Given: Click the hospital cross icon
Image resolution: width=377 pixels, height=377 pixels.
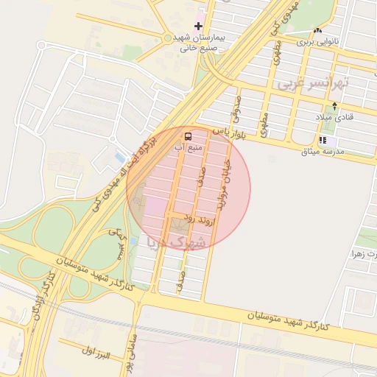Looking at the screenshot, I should coord(198,26).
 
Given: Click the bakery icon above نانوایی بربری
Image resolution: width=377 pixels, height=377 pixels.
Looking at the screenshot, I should coord(317,30).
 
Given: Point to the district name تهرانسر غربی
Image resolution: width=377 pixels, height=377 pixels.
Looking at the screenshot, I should coord(323,82).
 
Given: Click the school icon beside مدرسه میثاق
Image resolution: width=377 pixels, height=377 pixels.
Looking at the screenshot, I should coord(323,140).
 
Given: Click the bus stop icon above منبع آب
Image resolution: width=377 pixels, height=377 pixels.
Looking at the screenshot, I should coord(188,136).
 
